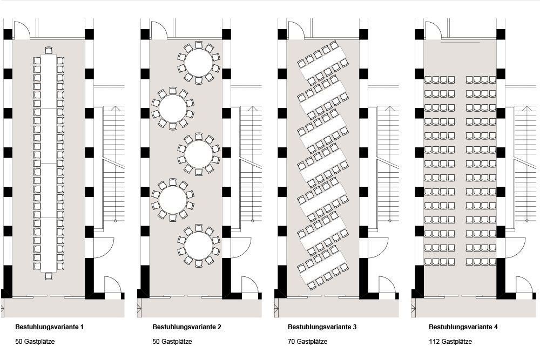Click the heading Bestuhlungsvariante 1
50,327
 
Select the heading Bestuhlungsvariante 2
187,327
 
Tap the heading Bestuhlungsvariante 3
322,327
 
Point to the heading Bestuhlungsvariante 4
463,327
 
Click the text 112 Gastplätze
450,342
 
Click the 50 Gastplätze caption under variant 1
36,342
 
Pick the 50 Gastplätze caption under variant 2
172,342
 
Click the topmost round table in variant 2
199,63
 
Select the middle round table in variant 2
199,154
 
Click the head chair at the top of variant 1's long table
49,51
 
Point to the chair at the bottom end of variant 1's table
49,276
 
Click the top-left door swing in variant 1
21,30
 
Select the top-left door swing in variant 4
433,30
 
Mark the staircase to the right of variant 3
387,162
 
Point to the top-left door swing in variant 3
296,30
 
